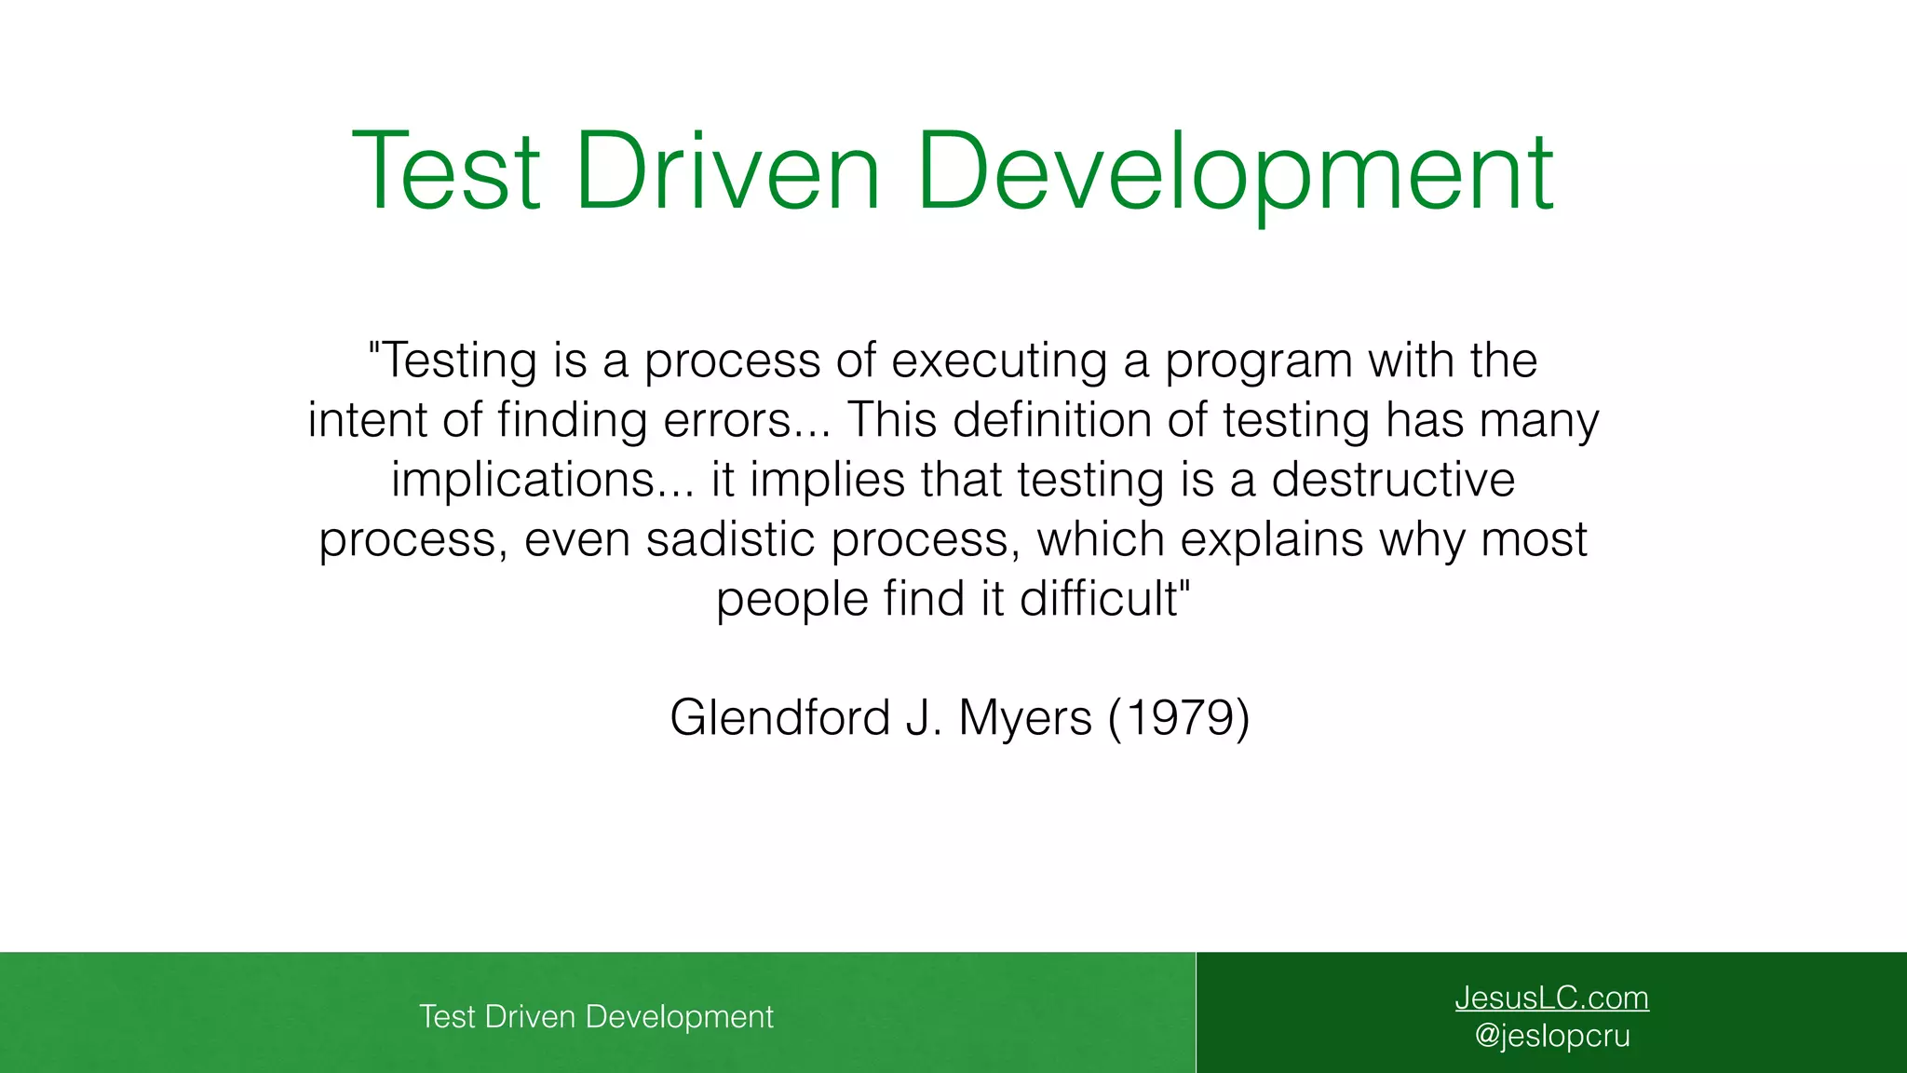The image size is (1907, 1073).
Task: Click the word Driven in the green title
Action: click(727, 172)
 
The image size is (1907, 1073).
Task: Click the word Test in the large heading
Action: click(445, 172)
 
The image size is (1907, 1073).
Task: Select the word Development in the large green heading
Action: click(1235, 172)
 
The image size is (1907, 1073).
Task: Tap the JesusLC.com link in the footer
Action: click(1551, 998)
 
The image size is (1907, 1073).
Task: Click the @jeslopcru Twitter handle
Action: click(1552, 1036)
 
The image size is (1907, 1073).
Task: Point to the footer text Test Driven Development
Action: click(596, 1016)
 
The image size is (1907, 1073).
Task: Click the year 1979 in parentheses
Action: click(1178, 718)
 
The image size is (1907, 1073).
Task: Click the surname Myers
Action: click(1024, 718)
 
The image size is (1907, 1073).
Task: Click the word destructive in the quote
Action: click(1393, 480)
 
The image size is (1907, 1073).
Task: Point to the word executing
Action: click(999, 361)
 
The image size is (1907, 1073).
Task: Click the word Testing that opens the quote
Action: click(458, 361)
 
